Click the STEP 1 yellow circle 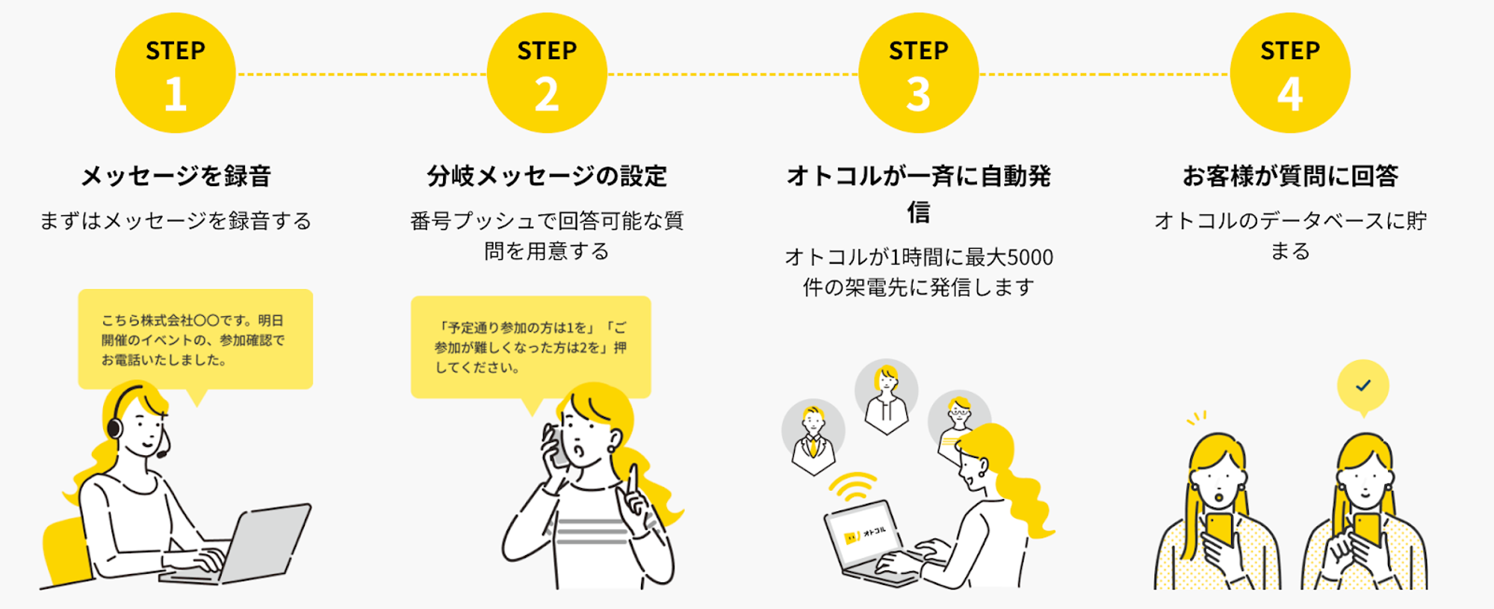176,73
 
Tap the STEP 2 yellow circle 547,73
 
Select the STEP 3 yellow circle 918,73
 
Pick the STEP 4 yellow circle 1290,73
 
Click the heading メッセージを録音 176,176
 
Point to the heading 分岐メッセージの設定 547,176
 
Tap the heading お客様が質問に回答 1290,176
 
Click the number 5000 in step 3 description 1030,258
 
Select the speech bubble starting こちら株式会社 195,340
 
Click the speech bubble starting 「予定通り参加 530,347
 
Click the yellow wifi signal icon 852,486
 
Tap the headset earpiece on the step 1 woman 114,427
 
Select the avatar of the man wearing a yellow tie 813,437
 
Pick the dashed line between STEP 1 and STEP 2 361,74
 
